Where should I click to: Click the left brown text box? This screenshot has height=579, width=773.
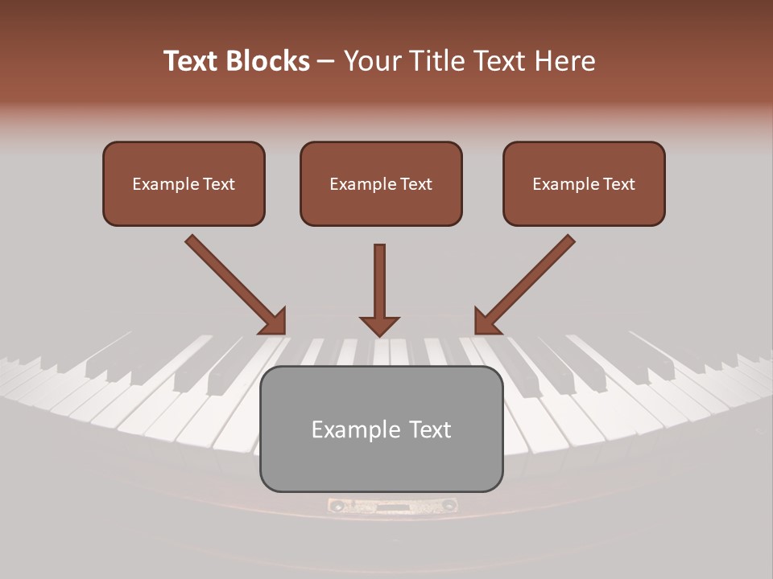point(184,184)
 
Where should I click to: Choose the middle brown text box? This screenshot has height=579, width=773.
point(381,184)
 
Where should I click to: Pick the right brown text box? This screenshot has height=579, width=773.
point(584,184)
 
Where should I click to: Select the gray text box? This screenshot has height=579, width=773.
point(381,429)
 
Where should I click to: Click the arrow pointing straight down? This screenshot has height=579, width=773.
point(379,289)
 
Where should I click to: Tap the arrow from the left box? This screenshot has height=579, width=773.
point(234,283)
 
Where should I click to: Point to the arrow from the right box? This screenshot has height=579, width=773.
point(527,283)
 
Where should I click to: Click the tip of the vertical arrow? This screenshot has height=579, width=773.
point(379,335)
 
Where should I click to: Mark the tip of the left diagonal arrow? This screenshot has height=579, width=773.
point(283,331)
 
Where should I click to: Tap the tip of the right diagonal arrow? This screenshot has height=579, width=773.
point(477,331)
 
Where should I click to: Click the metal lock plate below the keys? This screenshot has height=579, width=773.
point(392,506)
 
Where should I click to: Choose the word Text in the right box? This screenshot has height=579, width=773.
point(618,184)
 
